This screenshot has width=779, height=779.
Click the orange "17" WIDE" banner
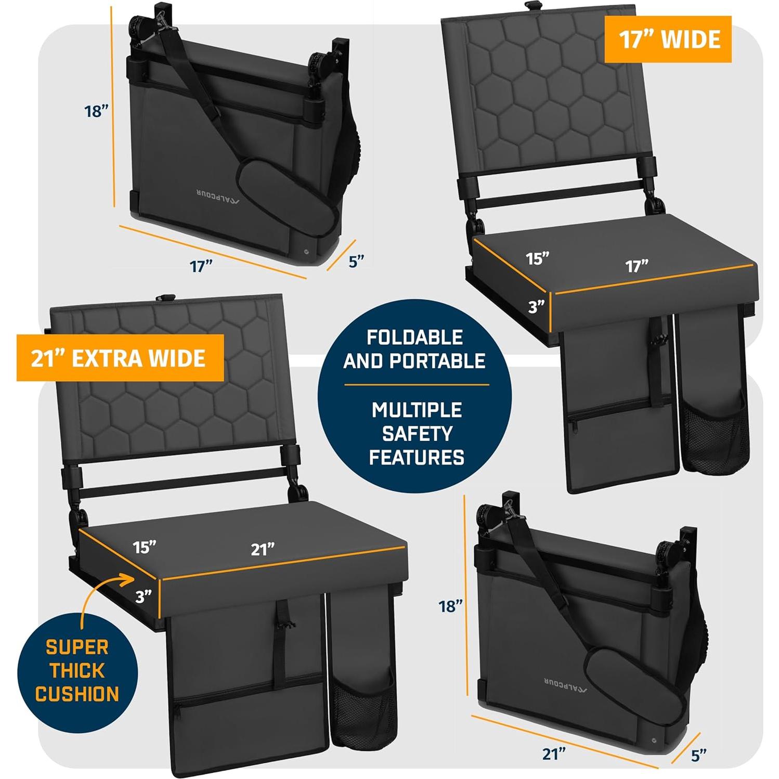[x=668, y=40]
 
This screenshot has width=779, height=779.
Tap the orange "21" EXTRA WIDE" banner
[x=120, y=358]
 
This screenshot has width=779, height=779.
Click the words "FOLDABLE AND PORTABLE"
[x=414, y=349]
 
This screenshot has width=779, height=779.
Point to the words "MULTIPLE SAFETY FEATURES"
[x=416, y=433]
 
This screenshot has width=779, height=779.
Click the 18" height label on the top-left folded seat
[x=96, y=111]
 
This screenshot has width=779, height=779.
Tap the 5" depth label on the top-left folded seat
[x=356, y=261]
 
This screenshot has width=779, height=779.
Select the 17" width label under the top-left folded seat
[x=201, y=266]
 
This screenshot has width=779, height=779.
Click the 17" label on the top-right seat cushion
[x=637, y=266]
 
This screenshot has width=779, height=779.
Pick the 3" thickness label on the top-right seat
[x=536, y=307]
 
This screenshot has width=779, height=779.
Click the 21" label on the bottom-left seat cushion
[x=263, y=549]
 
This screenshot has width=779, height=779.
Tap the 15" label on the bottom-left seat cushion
[x=144, y=547]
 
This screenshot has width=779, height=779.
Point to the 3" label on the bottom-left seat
[x=143, y=596]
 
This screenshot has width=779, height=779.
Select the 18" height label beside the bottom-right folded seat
[x=450, y=606]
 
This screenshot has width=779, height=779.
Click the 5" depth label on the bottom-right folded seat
[x=698, y=755]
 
